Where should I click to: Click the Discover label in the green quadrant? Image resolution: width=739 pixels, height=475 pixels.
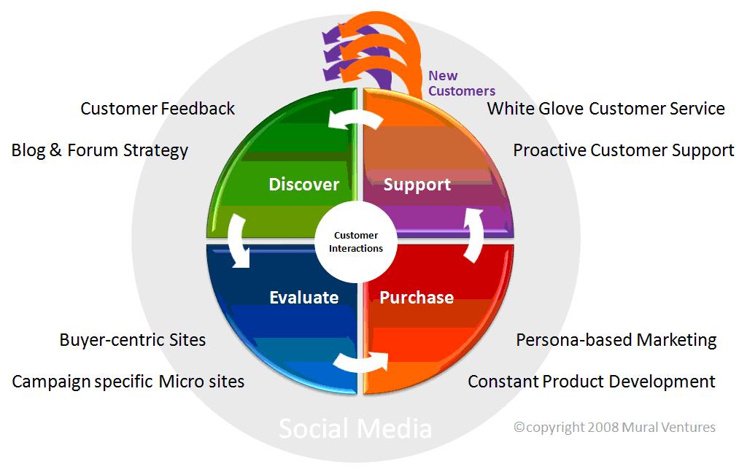click(x=303, y=184)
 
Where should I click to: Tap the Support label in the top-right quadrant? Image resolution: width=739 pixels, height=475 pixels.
click(x=417, y=185)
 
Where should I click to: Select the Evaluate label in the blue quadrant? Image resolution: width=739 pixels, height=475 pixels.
click(x=303, y=297)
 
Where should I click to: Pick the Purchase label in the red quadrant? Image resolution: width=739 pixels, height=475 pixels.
click(x=417, y=297)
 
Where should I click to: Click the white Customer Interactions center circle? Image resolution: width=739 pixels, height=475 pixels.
click(x=356, y=242)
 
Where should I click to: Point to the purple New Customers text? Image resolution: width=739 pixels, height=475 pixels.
click(x=461, y=83)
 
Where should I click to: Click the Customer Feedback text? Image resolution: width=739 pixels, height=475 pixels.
click(x=158, y=109)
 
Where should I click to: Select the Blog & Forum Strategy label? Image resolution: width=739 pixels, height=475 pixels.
click(x=100, y=150)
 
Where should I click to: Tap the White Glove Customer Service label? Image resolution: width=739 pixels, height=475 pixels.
click(x=605, y=109)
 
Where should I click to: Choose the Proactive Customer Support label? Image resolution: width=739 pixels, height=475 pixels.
click(x=623, y=150)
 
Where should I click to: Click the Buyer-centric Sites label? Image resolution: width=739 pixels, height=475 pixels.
click(x=133, y=340)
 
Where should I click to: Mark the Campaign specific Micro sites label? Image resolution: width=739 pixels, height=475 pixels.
click(x=128, y=382)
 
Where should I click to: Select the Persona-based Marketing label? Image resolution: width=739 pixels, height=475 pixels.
click(x=616, y=340)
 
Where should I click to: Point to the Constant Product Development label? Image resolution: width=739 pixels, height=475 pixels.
click(x=591, y=382)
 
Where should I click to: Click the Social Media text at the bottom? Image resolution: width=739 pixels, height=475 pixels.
click(x=355, y=428)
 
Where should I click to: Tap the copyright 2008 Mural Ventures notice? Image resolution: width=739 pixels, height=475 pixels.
click(x=615, y=427)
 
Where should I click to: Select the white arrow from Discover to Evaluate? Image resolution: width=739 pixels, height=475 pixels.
click(x=237, y=241)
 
